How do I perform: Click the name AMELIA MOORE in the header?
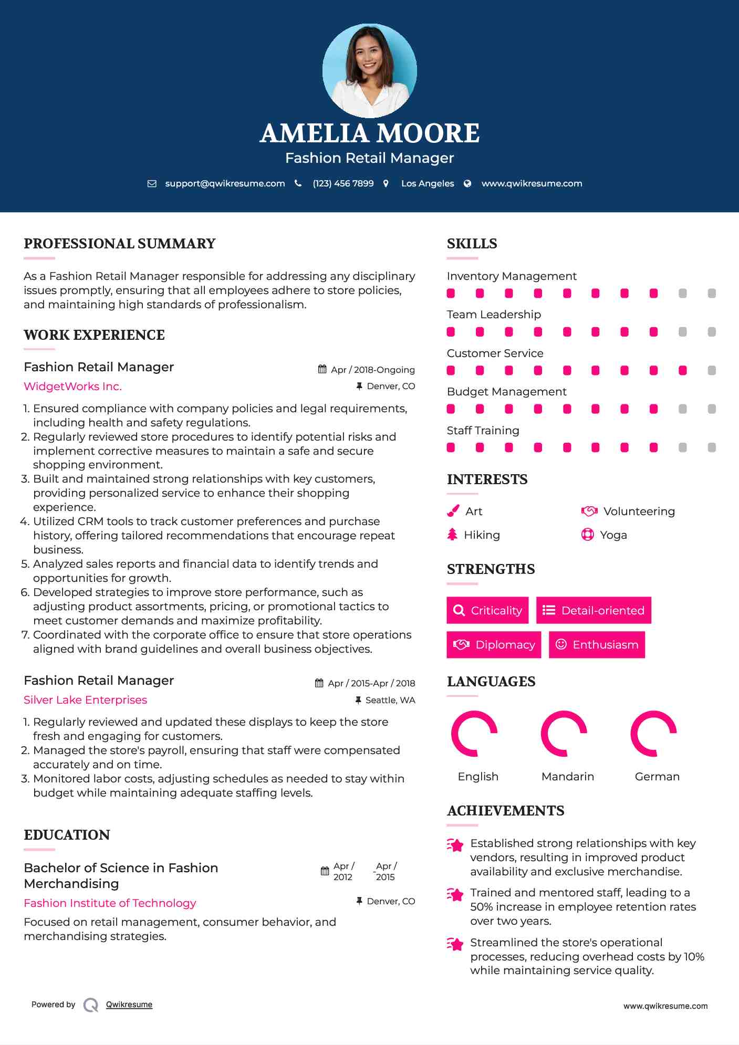[x=369, y=133]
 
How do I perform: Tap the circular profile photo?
[x=369, y=70]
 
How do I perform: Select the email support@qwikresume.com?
[x=225, y=184]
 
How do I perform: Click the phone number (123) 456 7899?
[x=343, y=184]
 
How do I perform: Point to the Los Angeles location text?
[x=428, y=184]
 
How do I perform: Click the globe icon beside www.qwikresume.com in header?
[x=467, y=184]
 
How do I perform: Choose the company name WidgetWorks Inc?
[x=72, y=386]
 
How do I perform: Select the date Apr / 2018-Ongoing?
[x=372, y=370]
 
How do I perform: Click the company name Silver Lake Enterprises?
[x=85, y=700]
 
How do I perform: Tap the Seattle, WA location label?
[x=390, y=700]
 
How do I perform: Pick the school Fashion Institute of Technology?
[x=110, y=903]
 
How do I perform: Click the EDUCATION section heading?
[x=67, y=835]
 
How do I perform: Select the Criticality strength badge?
[x=487, y=610]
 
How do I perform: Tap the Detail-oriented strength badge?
[x=594, y=610]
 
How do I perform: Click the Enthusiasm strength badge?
[x=597, y=644]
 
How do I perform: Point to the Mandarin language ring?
[x=564, y=734]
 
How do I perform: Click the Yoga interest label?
[x=613, y=535]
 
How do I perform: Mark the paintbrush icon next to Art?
[x=453, y=511]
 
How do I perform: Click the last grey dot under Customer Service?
[x=712, y=371]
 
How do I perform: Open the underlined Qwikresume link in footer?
[x=129, y=1005]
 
